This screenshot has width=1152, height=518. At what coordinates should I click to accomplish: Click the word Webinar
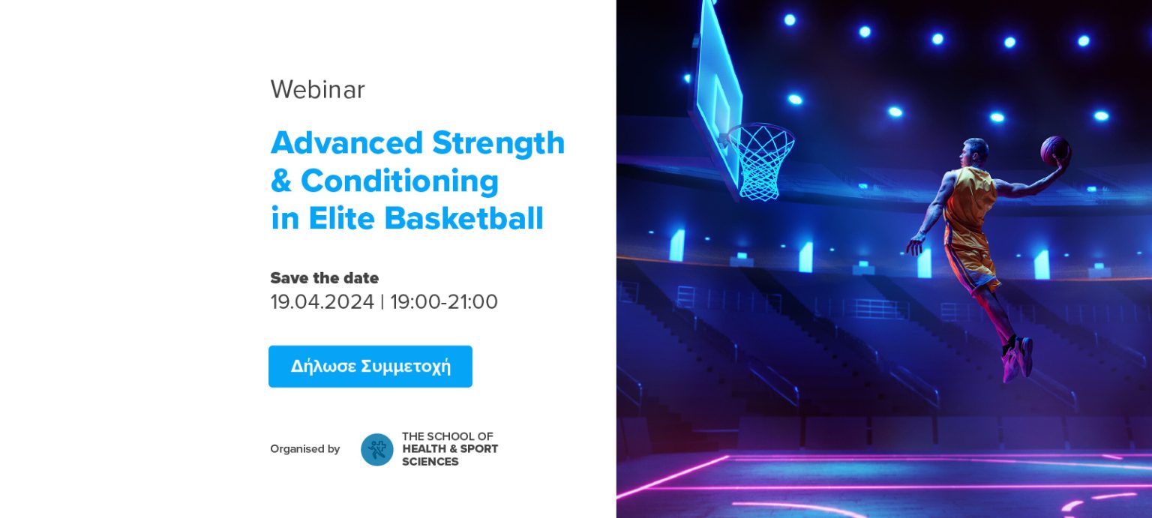pos(318,89)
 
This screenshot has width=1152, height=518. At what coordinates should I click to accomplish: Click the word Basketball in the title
pos(464,218)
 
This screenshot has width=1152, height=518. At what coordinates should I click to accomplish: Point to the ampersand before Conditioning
pos(281,181)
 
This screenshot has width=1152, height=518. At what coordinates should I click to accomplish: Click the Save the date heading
pos(325,278)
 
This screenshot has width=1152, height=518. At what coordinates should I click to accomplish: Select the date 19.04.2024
pos(322,301)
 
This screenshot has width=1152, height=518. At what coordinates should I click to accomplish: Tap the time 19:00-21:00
pos(444,301)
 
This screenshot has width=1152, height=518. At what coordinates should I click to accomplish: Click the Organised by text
pos(305,449)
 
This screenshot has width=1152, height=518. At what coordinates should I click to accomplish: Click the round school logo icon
pos(377,450)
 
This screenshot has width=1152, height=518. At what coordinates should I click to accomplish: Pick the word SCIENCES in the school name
pos(430,462)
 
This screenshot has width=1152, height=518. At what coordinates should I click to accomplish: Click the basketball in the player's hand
pos(1054,151)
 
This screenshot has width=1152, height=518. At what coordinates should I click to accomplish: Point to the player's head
pos(974,153)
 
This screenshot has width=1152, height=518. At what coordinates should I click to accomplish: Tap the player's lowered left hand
pos(915,245)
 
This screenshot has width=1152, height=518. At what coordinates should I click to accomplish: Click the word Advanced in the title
pos(346,142)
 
